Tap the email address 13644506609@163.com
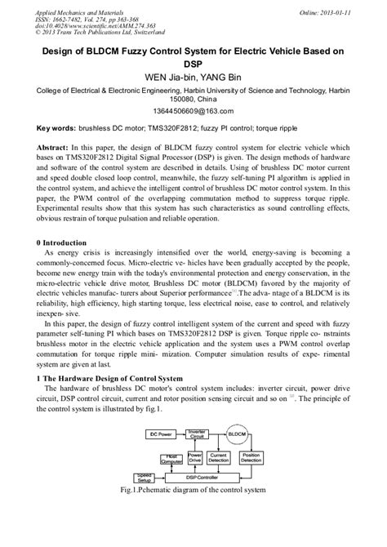click(x=193, y=109)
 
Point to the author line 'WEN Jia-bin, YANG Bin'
click(x=193, y=78)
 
